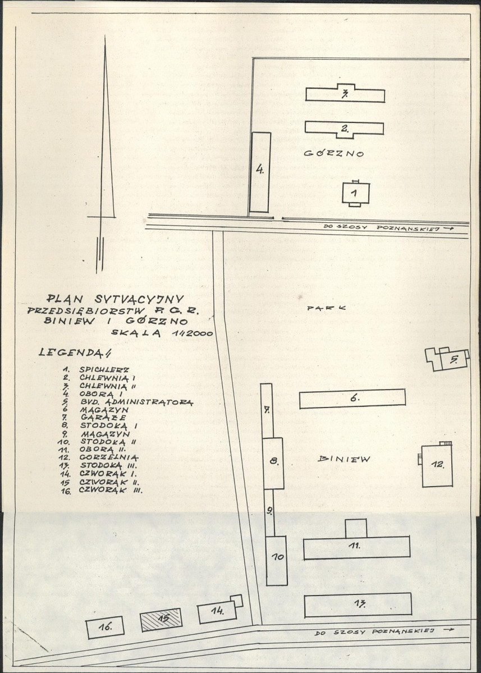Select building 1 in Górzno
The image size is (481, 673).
point(356,193)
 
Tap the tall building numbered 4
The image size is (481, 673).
point(260,172)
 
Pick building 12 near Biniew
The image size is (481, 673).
point(436,465)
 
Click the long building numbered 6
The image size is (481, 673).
point(352,399)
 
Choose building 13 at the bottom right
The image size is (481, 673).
point(358,605)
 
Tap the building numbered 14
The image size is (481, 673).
point(219,610)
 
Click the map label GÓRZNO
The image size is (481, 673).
point(333,153)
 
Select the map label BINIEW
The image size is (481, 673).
point(343,459)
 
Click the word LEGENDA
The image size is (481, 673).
point(75,352)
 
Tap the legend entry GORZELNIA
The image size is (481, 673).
point(108,457)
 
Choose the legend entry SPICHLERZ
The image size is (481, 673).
point(104,369)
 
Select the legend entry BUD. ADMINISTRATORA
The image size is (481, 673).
point(136,402)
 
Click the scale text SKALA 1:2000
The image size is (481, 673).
point(162,332)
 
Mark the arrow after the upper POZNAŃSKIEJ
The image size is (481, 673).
point(448,229)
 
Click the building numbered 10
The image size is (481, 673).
point(276,561)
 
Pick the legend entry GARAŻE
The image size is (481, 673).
point(103,416)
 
